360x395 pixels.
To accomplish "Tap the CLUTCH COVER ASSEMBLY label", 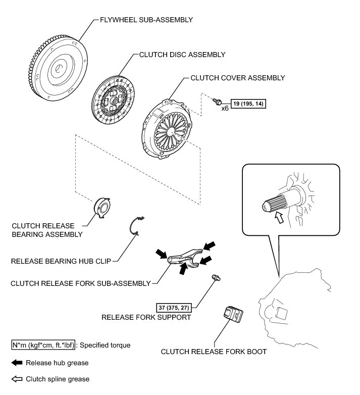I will (x=237, y=78).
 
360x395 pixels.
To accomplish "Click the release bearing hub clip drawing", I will (x=136, y=225).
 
